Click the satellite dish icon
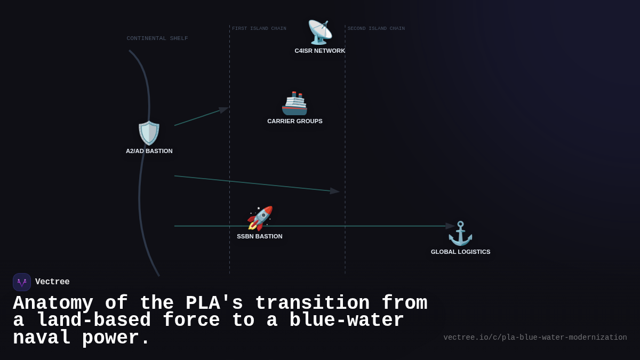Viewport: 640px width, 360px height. coord(319,32)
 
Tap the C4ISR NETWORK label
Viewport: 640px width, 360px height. coord(320,51)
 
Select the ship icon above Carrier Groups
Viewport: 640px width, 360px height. coord(294,103)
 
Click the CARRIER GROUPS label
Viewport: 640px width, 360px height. coord(295,121)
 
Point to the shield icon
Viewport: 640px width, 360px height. coord(149,133)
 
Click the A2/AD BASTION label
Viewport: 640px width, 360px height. coord(149,151)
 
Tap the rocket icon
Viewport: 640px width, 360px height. coord(260,218)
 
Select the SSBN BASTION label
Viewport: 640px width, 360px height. coord(260,236)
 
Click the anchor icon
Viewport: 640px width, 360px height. coord(460,233)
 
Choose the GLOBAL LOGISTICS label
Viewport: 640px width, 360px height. coord(461,252)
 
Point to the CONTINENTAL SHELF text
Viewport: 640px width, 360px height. coord(157,38)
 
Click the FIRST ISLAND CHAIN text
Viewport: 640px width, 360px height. coord(259,29)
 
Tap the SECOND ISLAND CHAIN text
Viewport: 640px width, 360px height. coord(376,29)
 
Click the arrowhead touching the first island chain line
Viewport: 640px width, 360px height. coord(223,110)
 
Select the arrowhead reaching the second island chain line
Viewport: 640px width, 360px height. coord(334,191)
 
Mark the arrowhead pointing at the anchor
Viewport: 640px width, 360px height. coord(450,226)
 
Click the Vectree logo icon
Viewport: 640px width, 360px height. coord(22,282)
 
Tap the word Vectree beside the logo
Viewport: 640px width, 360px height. coord(52,282)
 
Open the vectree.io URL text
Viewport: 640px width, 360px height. coord(535,338)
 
